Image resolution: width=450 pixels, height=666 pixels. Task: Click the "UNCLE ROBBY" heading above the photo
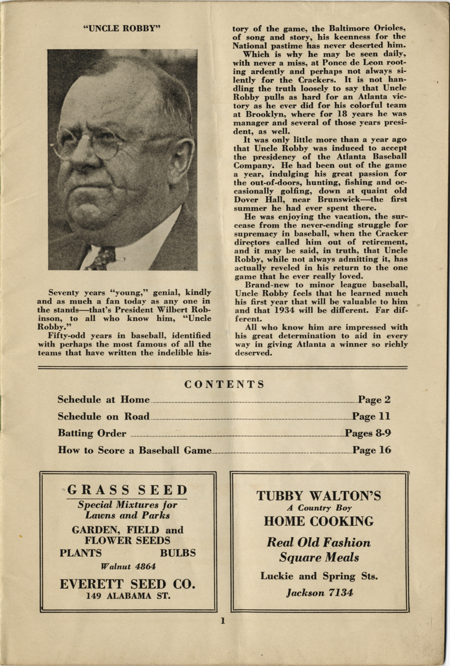[x=123, y=28]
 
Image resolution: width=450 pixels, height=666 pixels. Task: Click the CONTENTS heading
[x=225, y=384]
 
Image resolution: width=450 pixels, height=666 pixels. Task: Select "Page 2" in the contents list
[x=374, y=399]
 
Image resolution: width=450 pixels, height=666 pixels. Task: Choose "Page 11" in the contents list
[x=371, y=416]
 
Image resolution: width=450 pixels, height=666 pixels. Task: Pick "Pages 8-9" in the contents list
[x=368, y=433]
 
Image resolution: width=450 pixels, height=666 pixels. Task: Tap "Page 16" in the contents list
[x=371, y=450]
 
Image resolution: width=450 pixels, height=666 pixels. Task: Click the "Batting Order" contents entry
[x=92, y=433]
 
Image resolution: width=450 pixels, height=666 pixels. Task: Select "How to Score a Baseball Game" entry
[x=134, y=450]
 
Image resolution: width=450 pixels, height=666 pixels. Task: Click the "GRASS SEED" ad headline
[x=127, y=490]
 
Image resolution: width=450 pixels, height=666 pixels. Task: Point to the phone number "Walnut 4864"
[x=128, y=566]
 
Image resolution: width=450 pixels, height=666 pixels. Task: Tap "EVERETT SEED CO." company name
[x=127, y=584]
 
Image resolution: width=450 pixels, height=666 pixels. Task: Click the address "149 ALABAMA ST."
[x=128, y=596]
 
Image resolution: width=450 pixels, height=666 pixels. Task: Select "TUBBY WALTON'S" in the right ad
[x=319, y=496]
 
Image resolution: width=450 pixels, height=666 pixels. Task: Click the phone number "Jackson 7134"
[x=320, y=592]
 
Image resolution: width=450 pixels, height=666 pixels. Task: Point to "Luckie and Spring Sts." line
[x=319, y=576]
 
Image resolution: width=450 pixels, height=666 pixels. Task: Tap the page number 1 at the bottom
[x=223, y=621]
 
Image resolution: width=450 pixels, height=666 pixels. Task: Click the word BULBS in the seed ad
[x=178, y=553]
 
